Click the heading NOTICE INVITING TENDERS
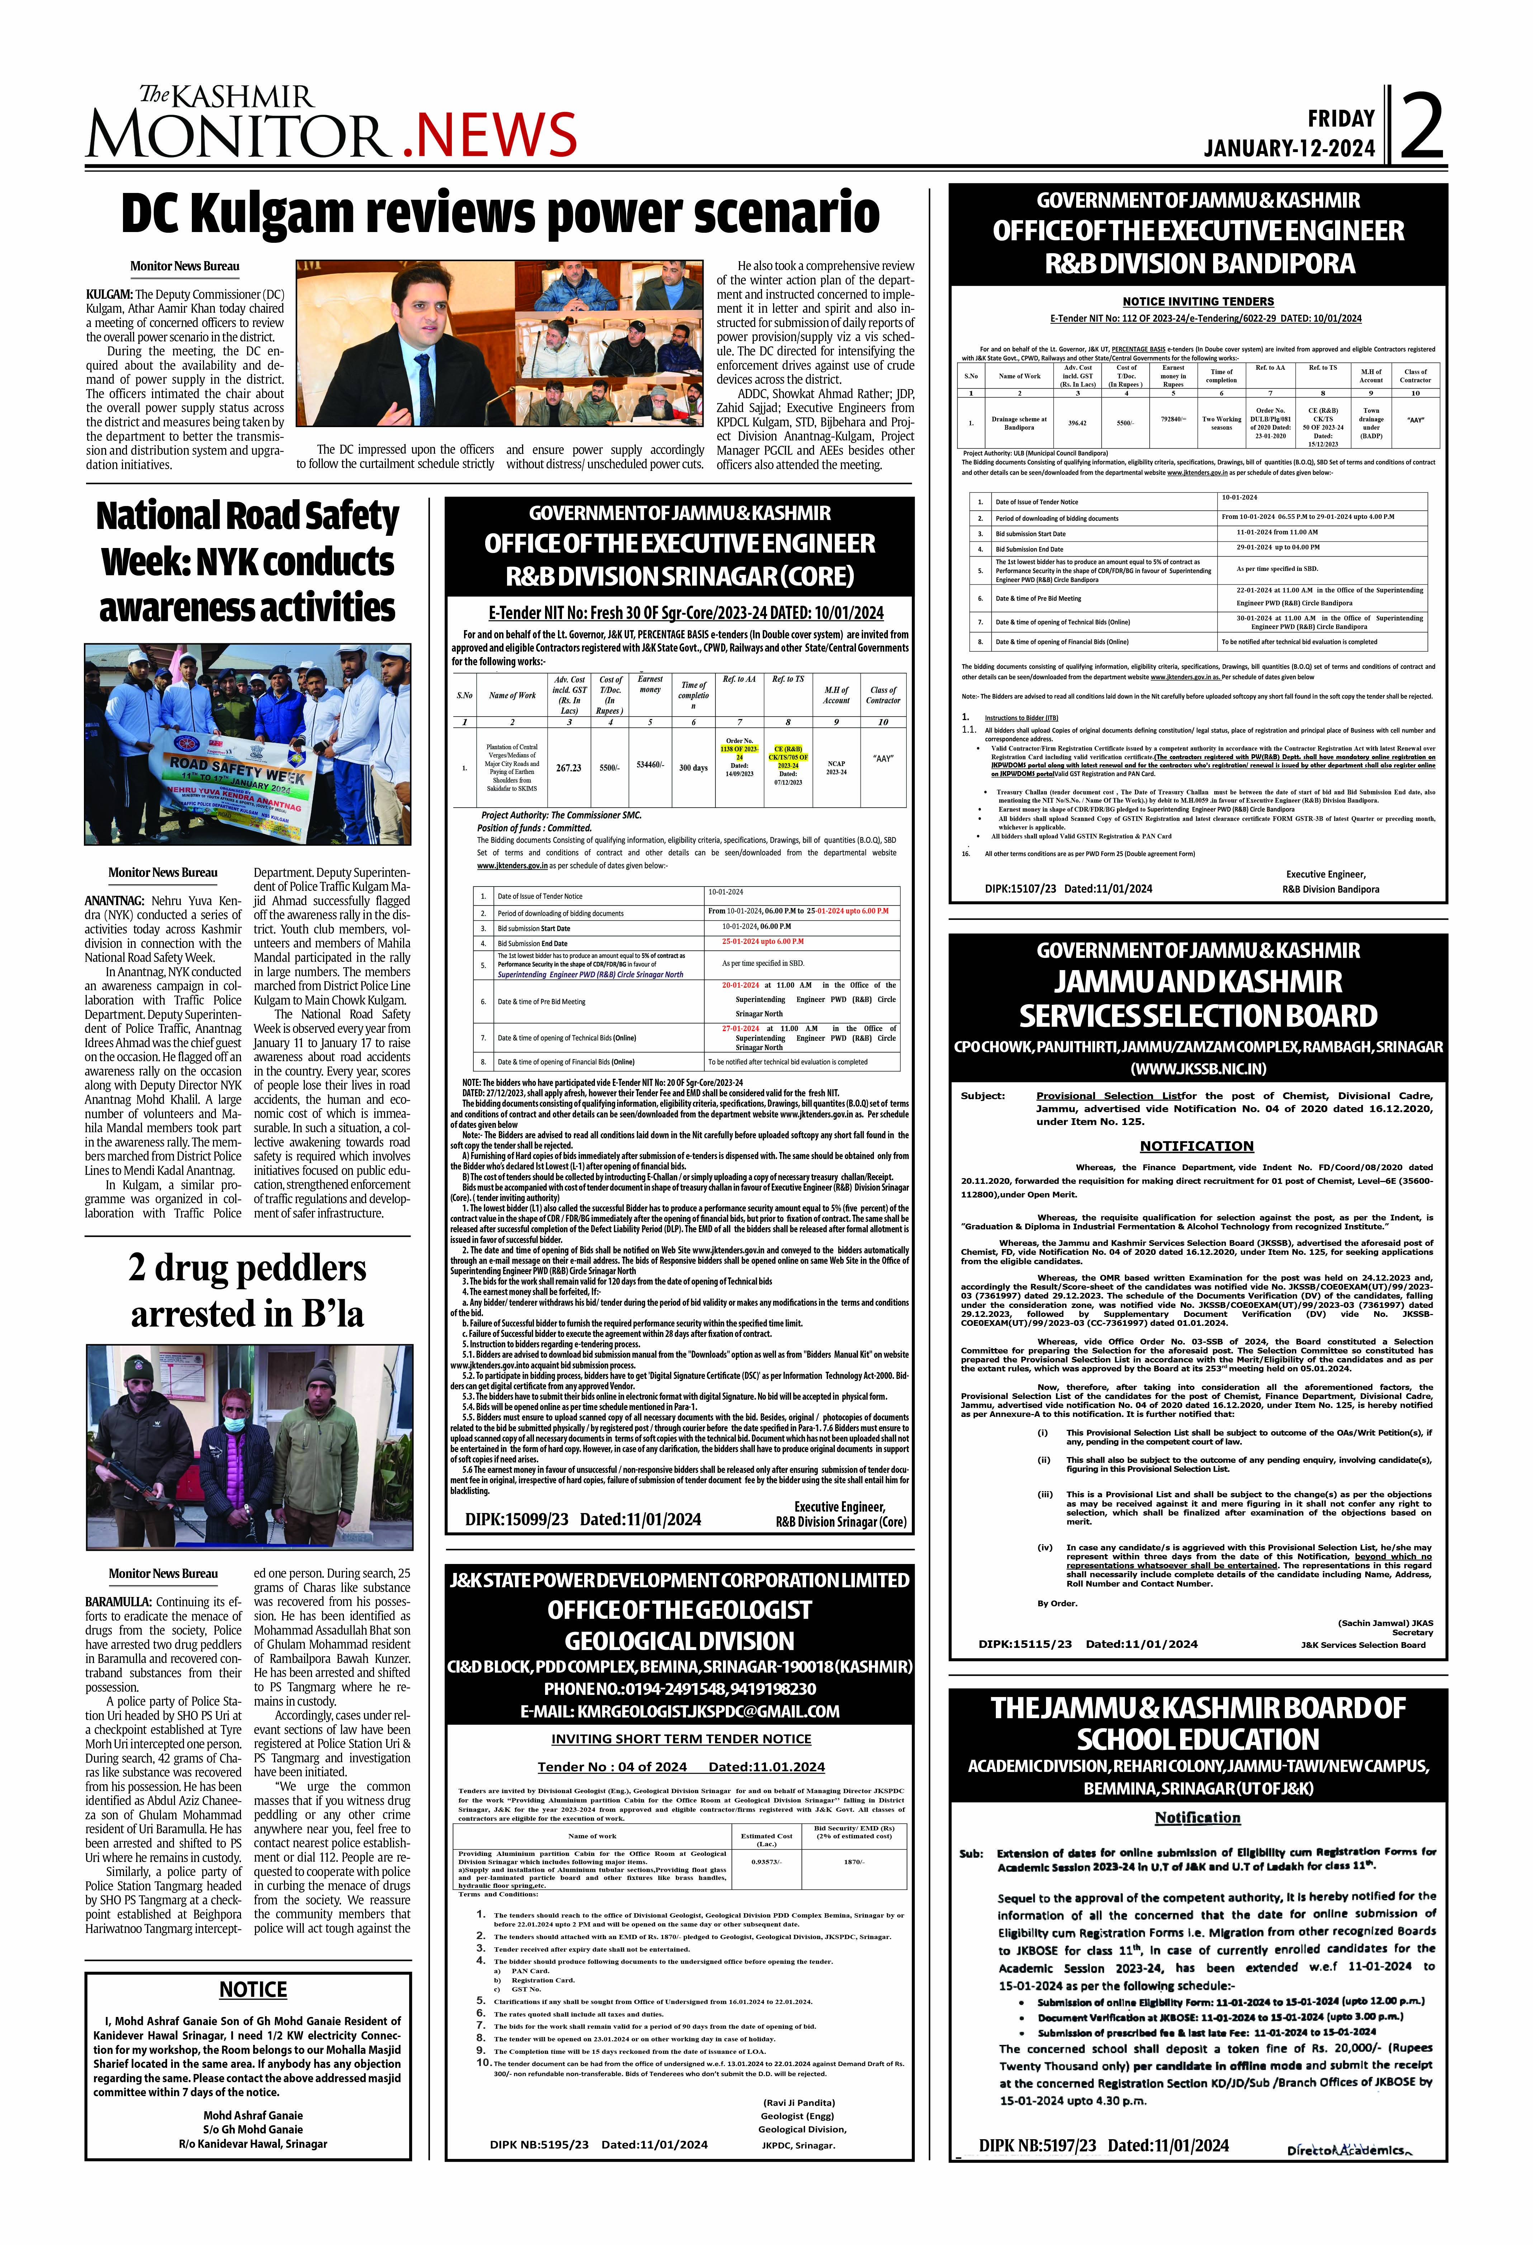[x=1198, y=301]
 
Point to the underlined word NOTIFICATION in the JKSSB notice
[x=1196, y=1146]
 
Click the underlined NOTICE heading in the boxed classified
[x=253, y=1990]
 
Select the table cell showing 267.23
[x=569, y=768]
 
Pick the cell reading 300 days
[x=692, y=768]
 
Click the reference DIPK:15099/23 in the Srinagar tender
[x=517, y=1519]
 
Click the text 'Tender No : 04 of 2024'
[x=611, y=1767]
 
